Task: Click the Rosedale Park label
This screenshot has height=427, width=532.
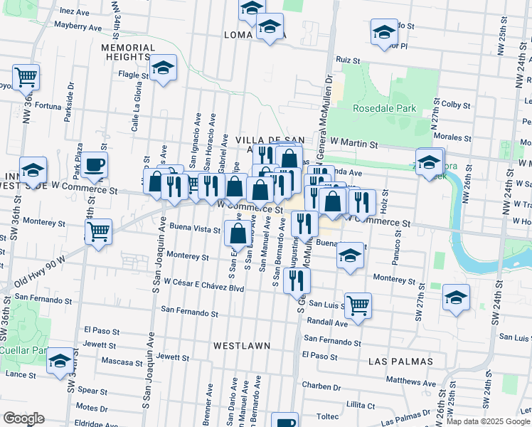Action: pos(386,108)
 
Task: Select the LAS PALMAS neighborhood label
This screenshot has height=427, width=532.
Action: pos(400,362)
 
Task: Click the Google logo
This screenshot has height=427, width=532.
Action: pos(23,418)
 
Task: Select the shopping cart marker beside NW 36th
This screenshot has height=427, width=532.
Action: pos(26,76)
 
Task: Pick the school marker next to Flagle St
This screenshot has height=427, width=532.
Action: pos(164,69)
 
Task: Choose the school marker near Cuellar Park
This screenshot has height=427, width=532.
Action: pos(61,362)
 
